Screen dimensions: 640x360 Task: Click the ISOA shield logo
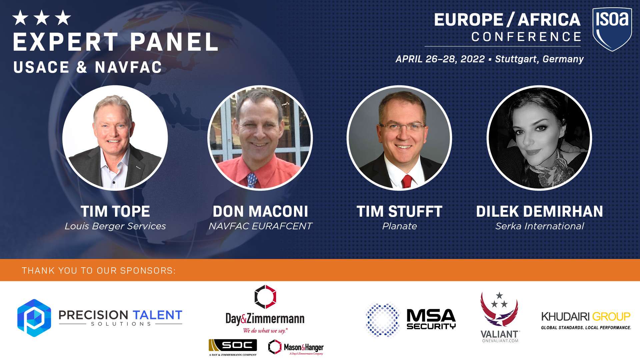pos(612,29)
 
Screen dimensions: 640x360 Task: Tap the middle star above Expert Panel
pos(42,18)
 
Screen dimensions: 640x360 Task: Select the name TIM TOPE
pos(115,211)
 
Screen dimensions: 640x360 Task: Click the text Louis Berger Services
pos(115,226)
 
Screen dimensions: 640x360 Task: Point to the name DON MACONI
pos(260,211)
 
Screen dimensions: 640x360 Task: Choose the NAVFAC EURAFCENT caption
pos(260,226)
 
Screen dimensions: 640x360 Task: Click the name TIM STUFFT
pos(399,211)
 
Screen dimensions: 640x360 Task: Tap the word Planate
pos(399,226)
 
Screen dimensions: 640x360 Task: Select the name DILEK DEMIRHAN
pos(540,211)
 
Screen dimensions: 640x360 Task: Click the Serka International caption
pos(540,226)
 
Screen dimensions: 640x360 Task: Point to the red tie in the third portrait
pos(407,182)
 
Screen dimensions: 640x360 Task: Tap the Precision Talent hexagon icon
pos(34,318)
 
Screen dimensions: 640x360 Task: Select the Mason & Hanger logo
pos(296,347)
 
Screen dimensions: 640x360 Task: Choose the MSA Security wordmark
pos(431,319)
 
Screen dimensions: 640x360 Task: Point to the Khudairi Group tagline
pos(586,328)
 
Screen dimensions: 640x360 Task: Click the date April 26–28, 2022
pos(440,59)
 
